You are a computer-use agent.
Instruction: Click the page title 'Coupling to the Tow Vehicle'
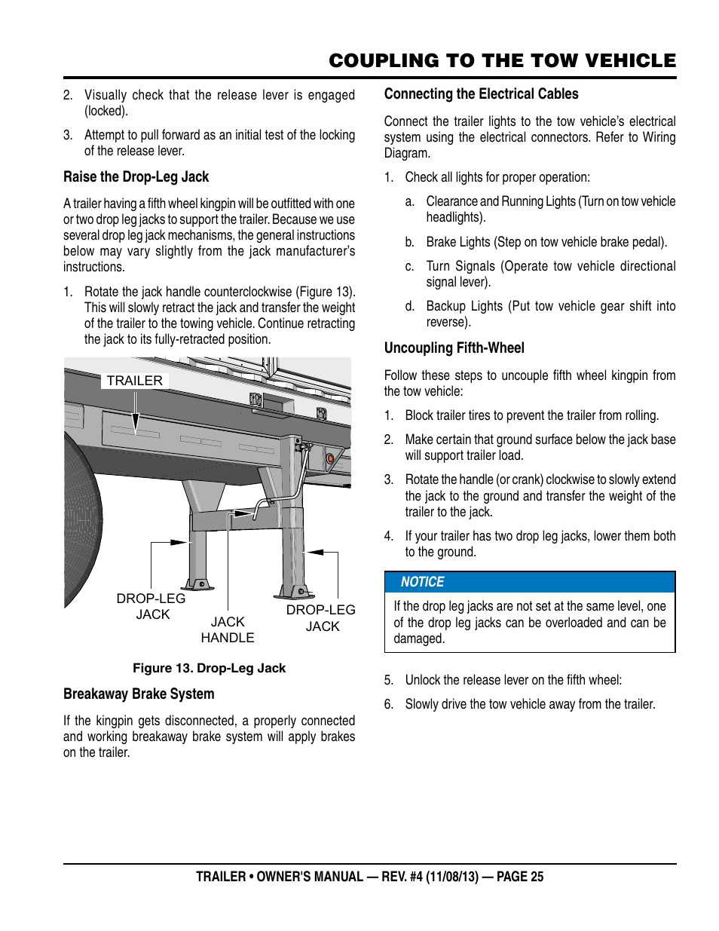point(502,61)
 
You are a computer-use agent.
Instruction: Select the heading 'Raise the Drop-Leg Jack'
point(136,177)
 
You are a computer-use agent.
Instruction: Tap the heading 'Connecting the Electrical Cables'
point(481,94)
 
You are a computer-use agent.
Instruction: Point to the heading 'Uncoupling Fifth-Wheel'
point(454,348)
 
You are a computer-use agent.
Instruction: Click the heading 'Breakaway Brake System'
point(139,694)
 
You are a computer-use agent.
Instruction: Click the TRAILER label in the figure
point(134,381)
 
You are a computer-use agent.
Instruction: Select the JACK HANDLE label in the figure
point(228,629)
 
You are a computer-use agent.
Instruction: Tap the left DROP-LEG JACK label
point(151,606)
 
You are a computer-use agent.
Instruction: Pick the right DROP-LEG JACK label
point(321,618)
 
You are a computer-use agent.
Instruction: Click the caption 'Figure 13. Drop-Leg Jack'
point(209,668)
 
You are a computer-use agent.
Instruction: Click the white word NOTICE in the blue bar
point(422,582)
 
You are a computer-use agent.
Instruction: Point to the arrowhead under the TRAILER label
point(136,426)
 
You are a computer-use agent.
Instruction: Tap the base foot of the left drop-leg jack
point(197,584)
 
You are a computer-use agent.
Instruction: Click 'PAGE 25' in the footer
point(520,877)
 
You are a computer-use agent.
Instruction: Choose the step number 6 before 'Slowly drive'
point(389,704)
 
